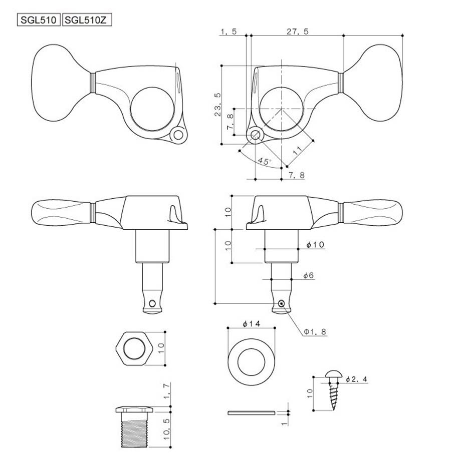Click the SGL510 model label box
pos(39,20)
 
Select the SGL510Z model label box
pos(88,20)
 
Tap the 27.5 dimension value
pos(298,31)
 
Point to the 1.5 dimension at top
pos(229,31)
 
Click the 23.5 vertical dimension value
pos(218,105)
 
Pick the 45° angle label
pos(265,161)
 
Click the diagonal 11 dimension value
pos(297,151)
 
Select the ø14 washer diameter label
pos(251,324)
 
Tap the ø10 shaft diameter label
pos(315,244)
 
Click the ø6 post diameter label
pos(309,275)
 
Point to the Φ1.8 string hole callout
pos(315,331)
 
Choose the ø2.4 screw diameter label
pos(356,379)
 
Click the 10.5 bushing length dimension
pos(166,429)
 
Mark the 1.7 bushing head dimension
pos(166,392)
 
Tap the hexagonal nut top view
pos(134,348)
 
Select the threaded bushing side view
pos(134,427)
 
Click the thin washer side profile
pos(251,413)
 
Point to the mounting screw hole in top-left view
pos(178,135)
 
